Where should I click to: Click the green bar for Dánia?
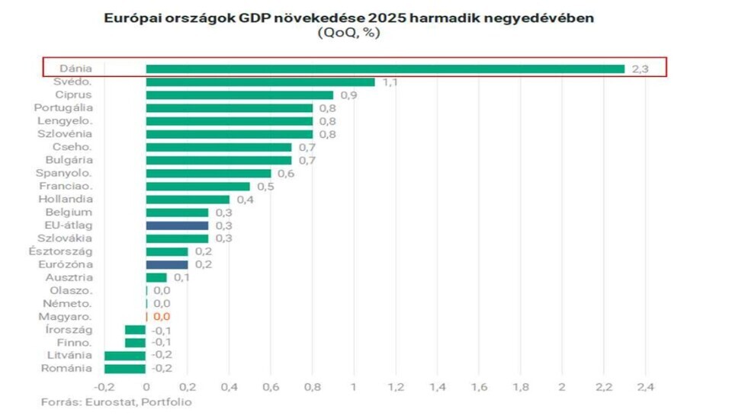pos(385,69)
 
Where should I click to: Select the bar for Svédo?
pos(260,82)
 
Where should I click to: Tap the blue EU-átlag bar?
pos(177,225)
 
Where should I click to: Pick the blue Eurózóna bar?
pos(167,264)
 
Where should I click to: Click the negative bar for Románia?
pos(125,369)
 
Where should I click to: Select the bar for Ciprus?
pos(239,94)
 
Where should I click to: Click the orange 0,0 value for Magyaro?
pos(162,316)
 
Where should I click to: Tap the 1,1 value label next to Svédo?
pos(390,82)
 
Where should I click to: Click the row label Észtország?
pos(61,251)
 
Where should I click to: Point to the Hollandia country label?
pos(66,199)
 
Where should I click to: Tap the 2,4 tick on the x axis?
pos(645,386)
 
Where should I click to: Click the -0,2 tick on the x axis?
pos(103,386)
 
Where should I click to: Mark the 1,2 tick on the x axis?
pos(396,386)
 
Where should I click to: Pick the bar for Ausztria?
pos(156,277)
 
